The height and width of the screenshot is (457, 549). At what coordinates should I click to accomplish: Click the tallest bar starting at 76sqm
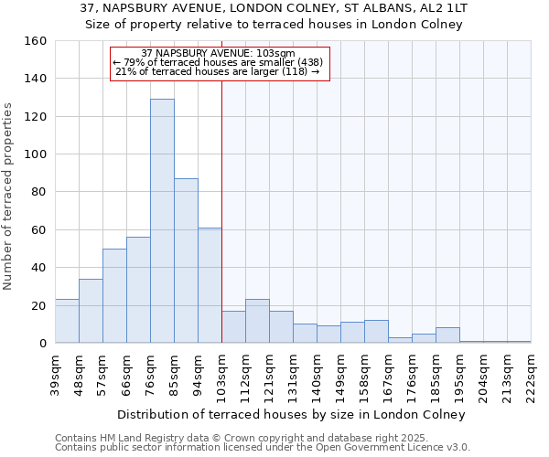point(162,221)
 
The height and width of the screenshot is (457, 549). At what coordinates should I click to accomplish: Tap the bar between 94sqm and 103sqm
point(210,285)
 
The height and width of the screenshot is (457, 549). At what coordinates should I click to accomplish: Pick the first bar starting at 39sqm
point(67,321)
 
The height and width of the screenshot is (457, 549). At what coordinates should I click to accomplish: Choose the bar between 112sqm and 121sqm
point(257,321)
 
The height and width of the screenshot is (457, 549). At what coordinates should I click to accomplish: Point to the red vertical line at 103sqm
point(221,210)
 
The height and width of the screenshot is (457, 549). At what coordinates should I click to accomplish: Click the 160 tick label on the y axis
point(36,41)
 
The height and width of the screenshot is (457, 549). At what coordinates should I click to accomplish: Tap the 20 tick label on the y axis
point(39,305)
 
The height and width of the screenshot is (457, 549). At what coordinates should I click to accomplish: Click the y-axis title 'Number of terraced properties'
point(9,197)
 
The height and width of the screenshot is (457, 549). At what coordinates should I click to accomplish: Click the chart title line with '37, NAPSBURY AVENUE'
point(274,8)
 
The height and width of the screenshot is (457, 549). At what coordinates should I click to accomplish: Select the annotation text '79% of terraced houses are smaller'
point(219,62)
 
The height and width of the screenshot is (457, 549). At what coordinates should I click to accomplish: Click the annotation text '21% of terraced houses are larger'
point(219,71)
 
